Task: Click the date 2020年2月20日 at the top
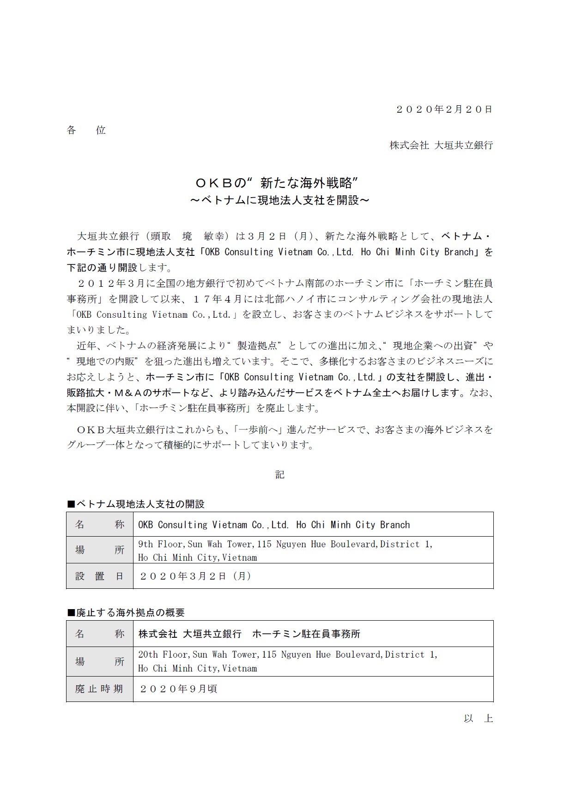coord(444,109)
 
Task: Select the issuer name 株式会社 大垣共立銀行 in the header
coord(441,145)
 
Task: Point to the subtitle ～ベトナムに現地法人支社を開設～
coord(280,200)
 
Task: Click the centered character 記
coord(280,475)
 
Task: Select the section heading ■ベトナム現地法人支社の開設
coord(136,504)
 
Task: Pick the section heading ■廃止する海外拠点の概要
coord(126,613)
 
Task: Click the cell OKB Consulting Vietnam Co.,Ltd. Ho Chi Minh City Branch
coord(274,525)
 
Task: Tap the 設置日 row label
coord(100,576)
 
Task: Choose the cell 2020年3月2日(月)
coord(195,576)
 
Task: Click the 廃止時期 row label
coord(100,689)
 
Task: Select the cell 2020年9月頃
coord(178,689)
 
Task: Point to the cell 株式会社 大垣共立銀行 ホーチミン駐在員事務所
coord(249,634)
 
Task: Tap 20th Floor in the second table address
coord(163,654)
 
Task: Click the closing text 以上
coord(479,719)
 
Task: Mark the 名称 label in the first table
coord(100,525)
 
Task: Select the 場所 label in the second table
coord(100,662)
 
